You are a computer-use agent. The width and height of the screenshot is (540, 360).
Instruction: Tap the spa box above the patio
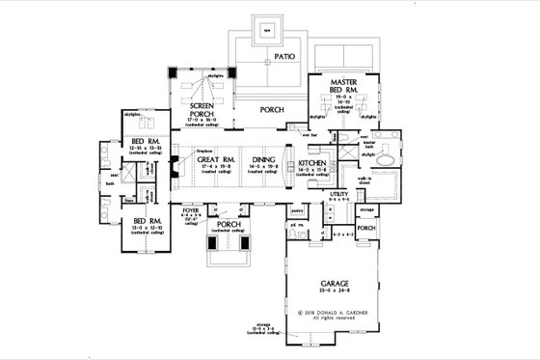tap(268, 28)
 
